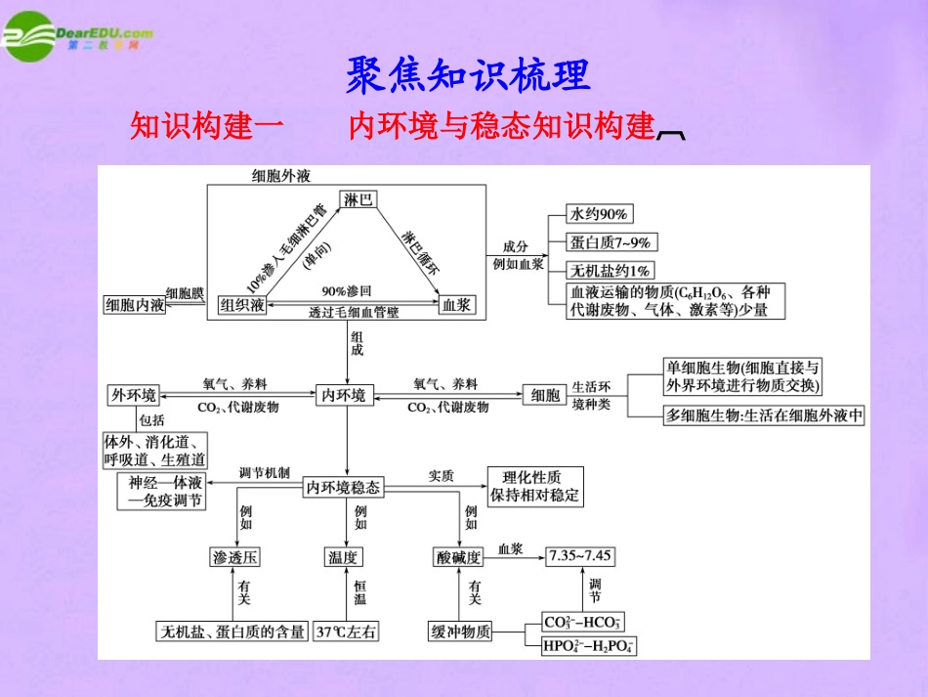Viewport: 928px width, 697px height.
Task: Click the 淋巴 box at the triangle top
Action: (359, 199)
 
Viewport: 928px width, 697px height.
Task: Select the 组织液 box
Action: (242, 305)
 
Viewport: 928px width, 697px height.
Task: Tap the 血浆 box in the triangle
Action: (457, 305)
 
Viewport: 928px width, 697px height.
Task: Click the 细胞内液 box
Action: (136, 305)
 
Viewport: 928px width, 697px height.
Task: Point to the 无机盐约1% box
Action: (612, 270)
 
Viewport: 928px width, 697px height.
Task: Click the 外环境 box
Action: (133, 395)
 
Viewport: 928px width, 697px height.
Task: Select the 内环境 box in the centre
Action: (345, 395)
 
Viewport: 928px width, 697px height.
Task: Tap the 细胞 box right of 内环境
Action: (545, 395)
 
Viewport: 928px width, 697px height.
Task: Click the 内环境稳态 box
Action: (344, 486)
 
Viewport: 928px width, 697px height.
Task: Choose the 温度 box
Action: (344, 556)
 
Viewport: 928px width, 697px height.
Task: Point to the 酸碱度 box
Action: (459, 556)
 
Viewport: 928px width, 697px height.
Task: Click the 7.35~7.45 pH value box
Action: (580, 555)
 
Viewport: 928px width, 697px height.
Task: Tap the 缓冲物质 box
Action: (460, 632)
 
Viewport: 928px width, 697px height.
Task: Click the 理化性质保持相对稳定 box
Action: (534, 486)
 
